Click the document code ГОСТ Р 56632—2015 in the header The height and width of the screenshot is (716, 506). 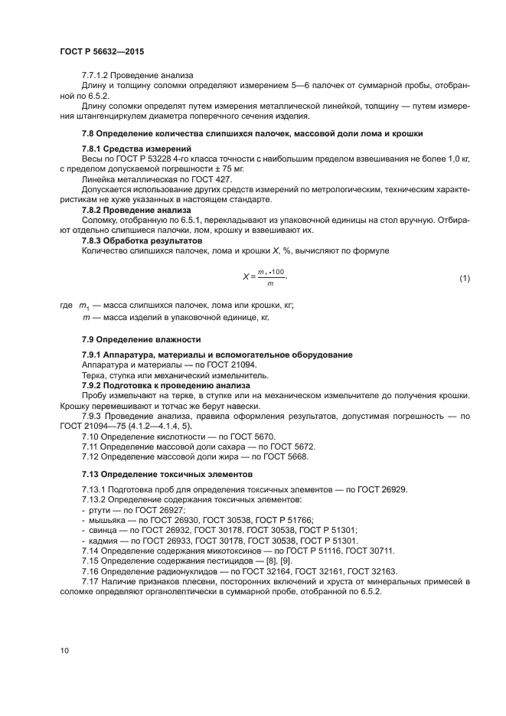pyautogui.click(x=101, y=51)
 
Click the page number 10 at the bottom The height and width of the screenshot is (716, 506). pyautogui.click(x=64, y=650)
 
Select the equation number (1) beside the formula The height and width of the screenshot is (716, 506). pyautogui.click(x=464, y=279)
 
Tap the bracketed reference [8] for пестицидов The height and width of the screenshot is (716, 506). pyautogui.click(x=265, y=561)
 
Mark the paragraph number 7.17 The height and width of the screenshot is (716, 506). pyautogui.click(x=90, y=581)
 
